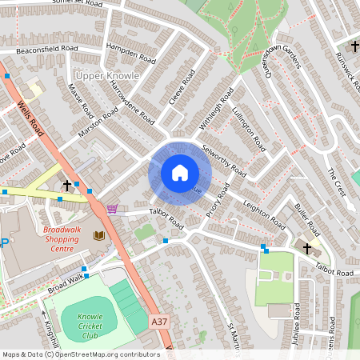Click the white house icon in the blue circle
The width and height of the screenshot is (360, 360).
[179, 173]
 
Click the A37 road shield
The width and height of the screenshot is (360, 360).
[161, 321]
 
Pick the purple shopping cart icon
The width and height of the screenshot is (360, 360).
[112, 209]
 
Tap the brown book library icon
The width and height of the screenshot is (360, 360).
[99, 235]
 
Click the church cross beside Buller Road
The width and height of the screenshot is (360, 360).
[307, 248]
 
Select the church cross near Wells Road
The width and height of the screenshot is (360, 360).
[66, 185]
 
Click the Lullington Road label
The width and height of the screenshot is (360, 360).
[249, 126]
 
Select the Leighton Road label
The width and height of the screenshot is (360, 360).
[265, 210]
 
